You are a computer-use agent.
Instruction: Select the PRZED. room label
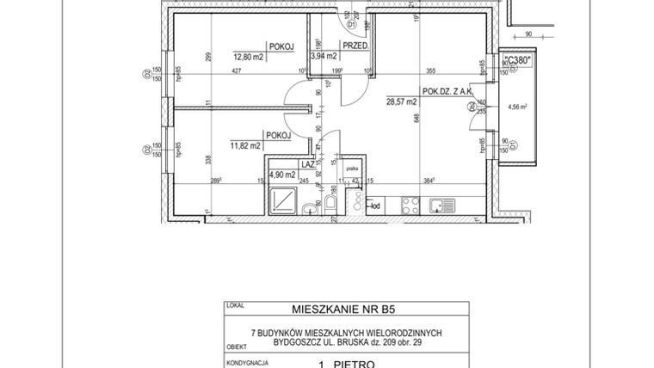(355, 46)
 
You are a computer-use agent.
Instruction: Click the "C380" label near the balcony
(517, 59)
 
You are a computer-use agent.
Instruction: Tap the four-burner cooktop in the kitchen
(410, 205)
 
